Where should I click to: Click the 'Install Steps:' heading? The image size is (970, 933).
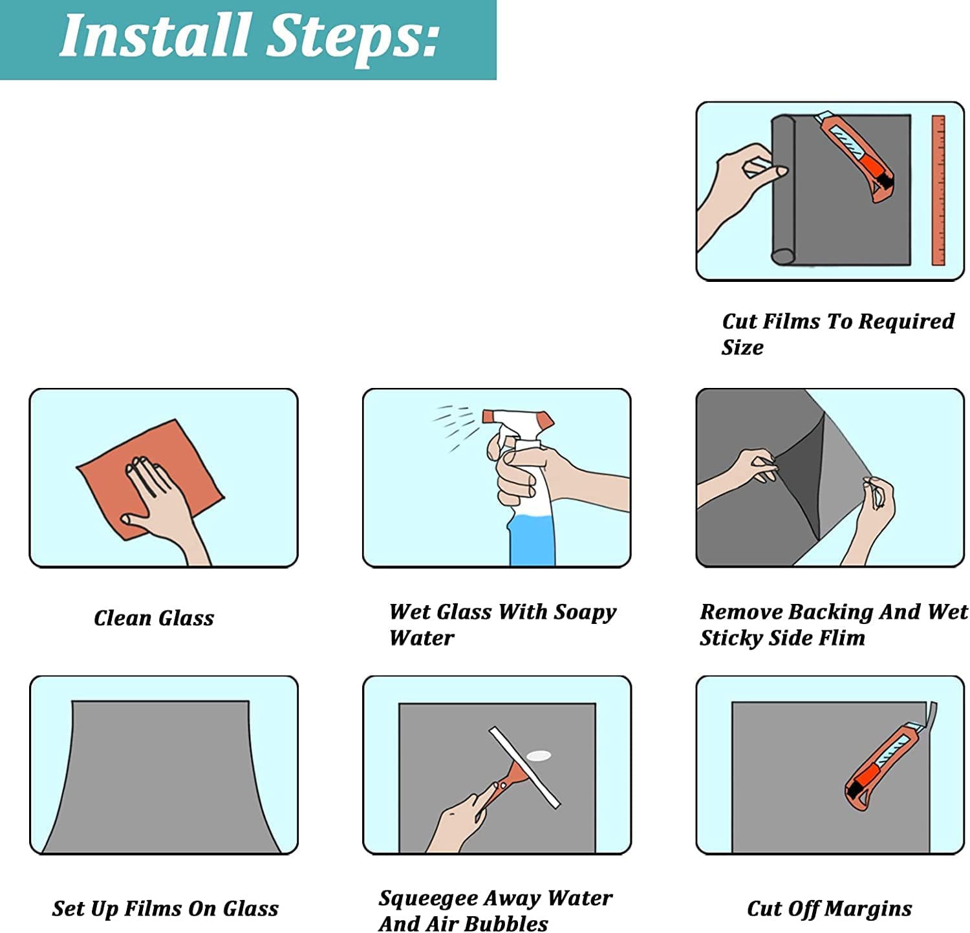(250, 36)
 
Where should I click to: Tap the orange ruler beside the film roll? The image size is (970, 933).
(938, 190)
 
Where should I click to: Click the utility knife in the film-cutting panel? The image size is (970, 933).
(855, 156)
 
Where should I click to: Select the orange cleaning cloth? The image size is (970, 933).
(150, 478)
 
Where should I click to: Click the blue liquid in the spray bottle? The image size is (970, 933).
(532, 534)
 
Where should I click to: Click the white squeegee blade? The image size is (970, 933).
(524, 767)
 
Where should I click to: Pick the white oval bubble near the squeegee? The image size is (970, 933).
(539, 755)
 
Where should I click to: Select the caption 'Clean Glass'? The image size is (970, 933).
(154, 618)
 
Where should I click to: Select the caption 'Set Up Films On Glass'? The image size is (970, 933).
(166, 909)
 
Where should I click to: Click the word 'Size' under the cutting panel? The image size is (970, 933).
(742, 347)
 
